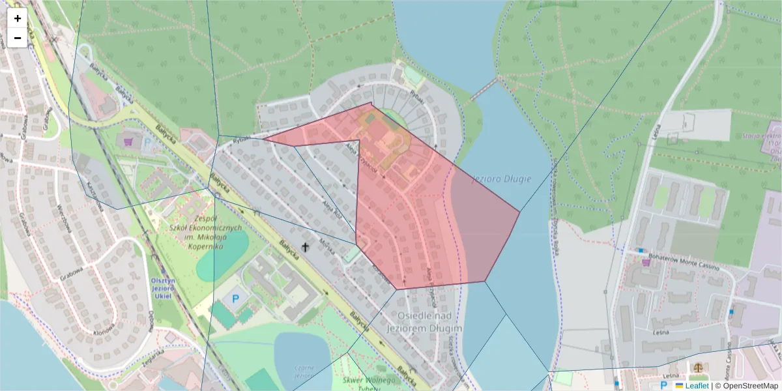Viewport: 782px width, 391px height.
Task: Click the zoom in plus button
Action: click(18, 18)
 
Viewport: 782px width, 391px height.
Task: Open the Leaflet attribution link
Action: click(697, 386)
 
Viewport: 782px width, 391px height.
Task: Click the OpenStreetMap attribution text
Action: click(750, 386)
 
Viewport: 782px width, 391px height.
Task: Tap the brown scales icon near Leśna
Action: click(699, 368)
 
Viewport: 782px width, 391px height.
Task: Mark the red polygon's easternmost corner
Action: click(519, 211)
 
